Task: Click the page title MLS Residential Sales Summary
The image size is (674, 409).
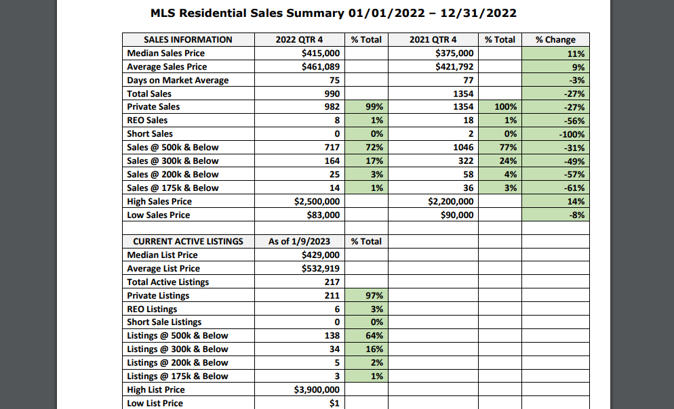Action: pyautogui.click(x=247, y=14)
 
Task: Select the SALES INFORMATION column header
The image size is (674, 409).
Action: pyautogui.click(x=188, y=40)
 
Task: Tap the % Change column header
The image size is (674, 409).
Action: pyautogui.click(x=555, y=40)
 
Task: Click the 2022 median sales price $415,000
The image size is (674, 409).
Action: pyautogui.click(x=321, y=53)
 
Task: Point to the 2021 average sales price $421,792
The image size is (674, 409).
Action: pyautogui.click(x=454, y=67)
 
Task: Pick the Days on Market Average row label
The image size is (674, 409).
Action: pyautogui.click(x=178, y=81)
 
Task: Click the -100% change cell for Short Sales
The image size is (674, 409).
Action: pyautogui.click(x=572, y=134)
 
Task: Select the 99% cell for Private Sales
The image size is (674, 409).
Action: pyautogui.click(x=374, y=107)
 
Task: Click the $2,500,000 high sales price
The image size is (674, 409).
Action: pyautogui.click(x=317, y=202)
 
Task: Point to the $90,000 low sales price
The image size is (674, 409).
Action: pyautogui.click(x=457, y=215)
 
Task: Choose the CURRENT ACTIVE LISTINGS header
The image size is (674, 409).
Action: pyautogui.click(x=188, y=242)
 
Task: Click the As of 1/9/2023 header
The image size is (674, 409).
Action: pyautogui.click(x=299, y=242)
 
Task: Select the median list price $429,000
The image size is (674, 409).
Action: pyautogui.click(x=321, y=255)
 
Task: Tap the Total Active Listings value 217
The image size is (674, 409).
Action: pyautogui.click(x=332, y=282)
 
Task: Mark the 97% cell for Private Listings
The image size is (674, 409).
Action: pyautogui.click(x=374, y=296)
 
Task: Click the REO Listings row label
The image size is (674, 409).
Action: pyautogui.click(x=152, y=309)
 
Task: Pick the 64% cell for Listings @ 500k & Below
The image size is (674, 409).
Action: pyautogui.click(x=374, y=336)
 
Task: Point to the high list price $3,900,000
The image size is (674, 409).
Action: pyautogui.click(x=317, y=390)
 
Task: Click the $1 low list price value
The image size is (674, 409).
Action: pyautogui.click(x=334, y=404)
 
